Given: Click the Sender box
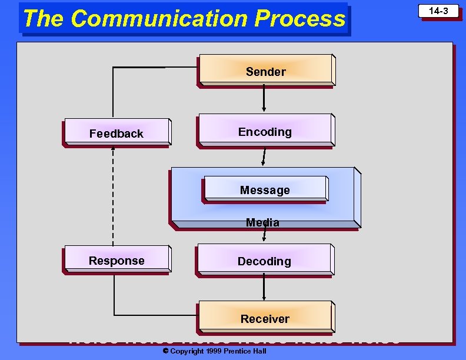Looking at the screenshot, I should (x=265, y=71).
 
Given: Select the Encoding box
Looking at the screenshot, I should (x=265, y=131).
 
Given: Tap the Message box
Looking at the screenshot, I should (x=265, y=189).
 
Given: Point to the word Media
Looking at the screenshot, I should (x=262, y=222).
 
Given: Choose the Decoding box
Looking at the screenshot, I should (x=264, y=261).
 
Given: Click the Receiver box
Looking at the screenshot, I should (x=265, y=318).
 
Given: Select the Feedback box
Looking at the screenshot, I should (x=116, y=134).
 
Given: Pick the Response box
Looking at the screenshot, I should (x=116, y=261).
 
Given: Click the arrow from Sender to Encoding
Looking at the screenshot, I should (x=264, y=98).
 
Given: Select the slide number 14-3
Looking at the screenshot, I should (x=438, y=11).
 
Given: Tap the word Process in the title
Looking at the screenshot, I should (x=300, y=19).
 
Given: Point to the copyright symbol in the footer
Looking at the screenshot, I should (x=165, y=351).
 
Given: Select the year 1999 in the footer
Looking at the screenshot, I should (x=214, y=351).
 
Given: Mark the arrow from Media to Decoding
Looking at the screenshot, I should (x=264, y=235).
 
